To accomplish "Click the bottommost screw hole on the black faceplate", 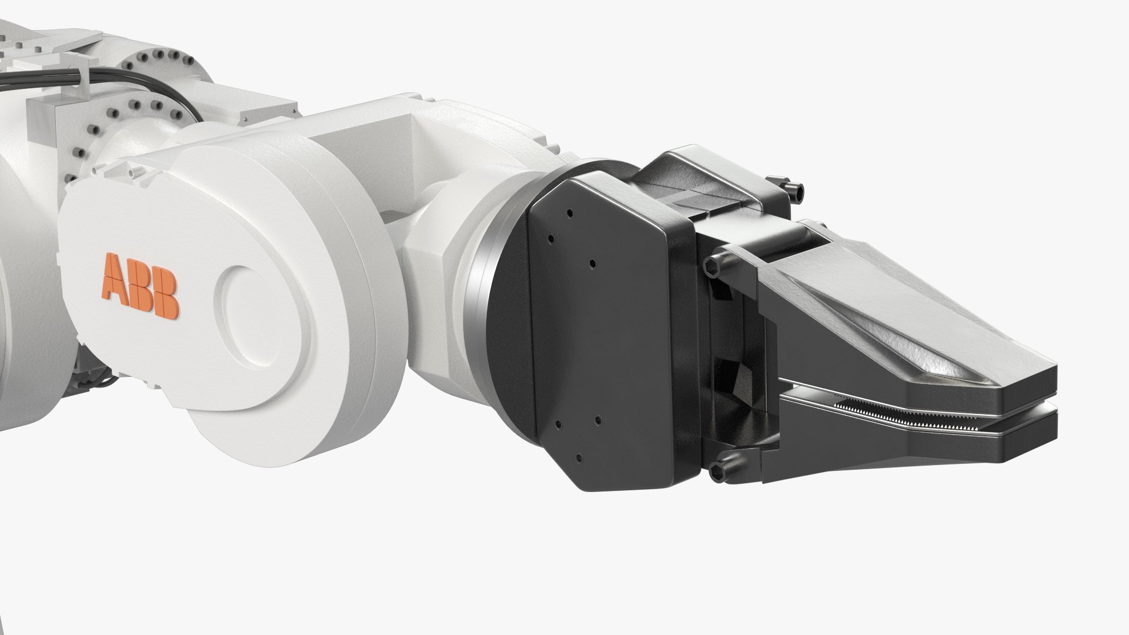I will click(x=579, y=457).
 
